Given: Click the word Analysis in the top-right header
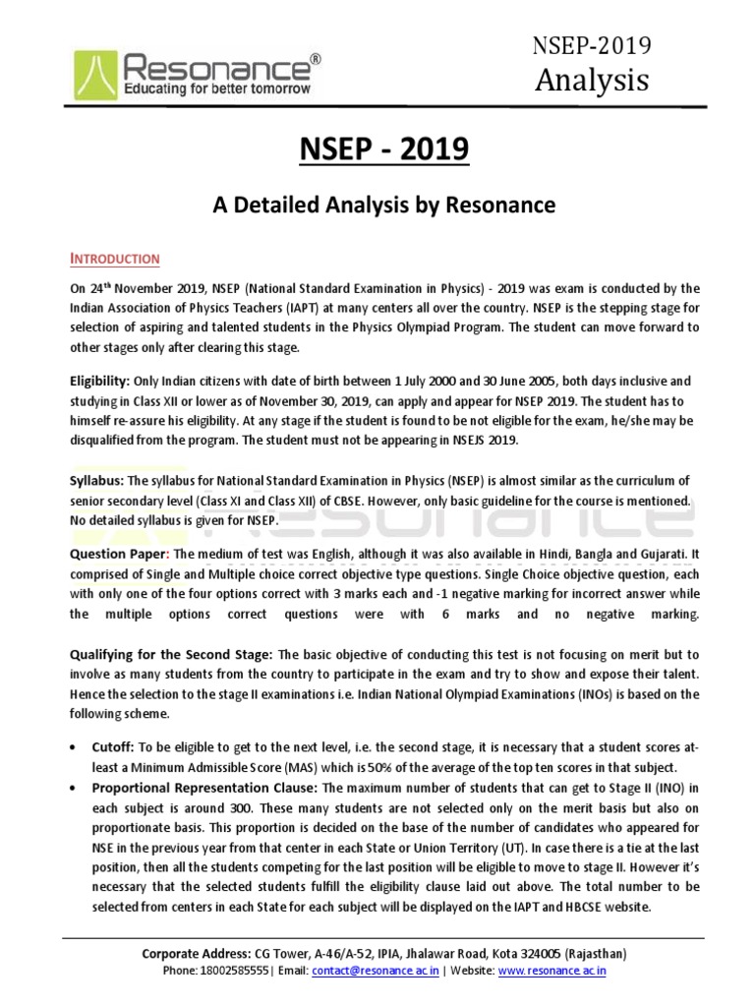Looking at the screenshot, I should tap(592, 80).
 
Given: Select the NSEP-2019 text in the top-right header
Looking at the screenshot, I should tap(592, 44).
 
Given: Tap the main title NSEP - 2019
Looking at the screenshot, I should tap(384, 150).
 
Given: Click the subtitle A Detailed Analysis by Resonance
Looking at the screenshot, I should tap(384, 205).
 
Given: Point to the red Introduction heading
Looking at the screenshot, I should tap(114, 259).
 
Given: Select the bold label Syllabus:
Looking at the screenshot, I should tap(95, 480).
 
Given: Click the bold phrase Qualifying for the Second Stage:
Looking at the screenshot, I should tap(171, 654).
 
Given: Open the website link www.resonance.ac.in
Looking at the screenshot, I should tap(552, 971).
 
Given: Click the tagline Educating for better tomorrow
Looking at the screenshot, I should tap(217, 89).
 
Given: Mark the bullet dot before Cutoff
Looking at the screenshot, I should tap(74, 748).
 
